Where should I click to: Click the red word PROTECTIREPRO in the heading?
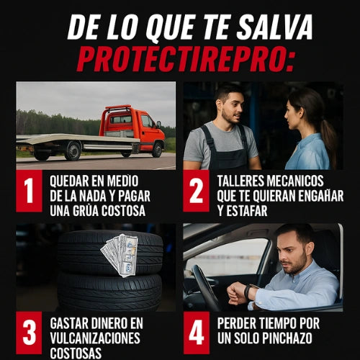point(185,59)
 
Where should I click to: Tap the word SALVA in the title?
point(274,27)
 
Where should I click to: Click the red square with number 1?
point(29,191)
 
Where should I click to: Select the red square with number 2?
point(196,191)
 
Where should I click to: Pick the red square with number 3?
point(29,333)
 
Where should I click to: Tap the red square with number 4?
point(196,333)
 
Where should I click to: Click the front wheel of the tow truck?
point(158,150)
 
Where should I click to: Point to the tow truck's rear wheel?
point(73,151)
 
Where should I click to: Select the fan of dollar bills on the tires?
point(121,255)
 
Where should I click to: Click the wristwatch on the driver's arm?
point(247,292)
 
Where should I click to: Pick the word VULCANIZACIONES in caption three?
point(95,338)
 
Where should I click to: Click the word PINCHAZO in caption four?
point(287,338)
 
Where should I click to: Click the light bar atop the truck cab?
point(119,107)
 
